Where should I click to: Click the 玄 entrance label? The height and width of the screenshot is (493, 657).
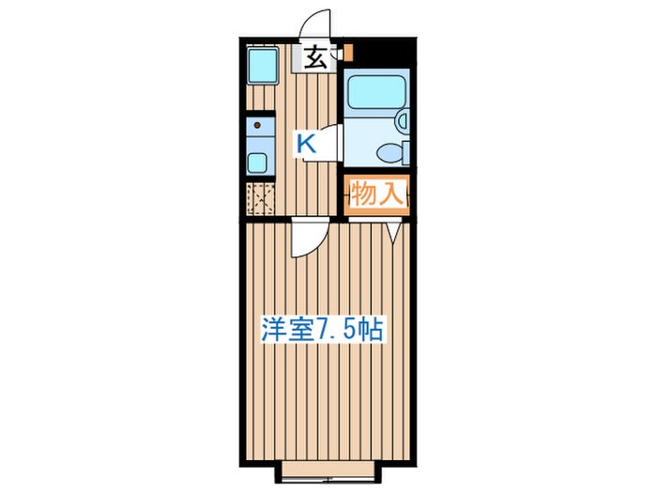click(316, 59)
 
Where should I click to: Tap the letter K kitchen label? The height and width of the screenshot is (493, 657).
click(306, 144)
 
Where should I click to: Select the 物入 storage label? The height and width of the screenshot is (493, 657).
click(376, 195)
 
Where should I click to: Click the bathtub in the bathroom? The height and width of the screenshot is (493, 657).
click(374, 94)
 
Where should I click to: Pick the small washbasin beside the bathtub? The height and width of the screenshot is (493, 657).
click(402, 121)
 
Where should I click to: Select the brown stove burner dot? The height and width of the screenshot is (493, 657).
click(256, 123)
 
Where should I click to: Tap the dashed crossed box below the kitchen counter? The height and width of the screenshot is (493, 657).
click(259, 200)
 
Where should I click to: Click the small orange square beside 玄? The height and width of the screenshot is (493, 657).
click(346, 53)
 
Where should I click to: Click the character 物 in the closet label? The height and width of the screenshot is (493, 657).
click(363, 195)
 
